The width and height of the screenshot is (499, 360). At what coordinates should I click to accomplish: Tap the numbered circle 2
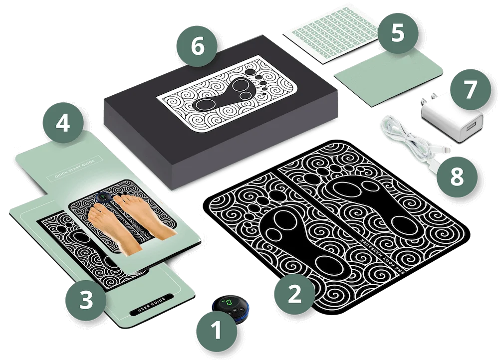tap(295, 294)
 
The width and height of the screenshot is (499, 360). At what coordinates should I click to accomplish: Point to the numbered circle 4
tap(63, 124)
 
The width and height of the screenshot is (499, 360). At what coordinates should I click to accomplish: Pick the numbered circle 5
tap(398, 33)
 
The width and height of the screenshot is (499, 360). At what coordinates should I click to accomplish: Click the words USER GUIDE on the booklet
tap(149, 305)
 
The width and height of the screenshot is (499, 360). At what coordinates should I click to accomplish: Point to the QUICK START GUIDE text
tap(74, 168)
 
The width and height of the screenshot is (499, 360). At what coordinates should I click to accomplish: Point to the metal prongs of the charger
tap(429, 103)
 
